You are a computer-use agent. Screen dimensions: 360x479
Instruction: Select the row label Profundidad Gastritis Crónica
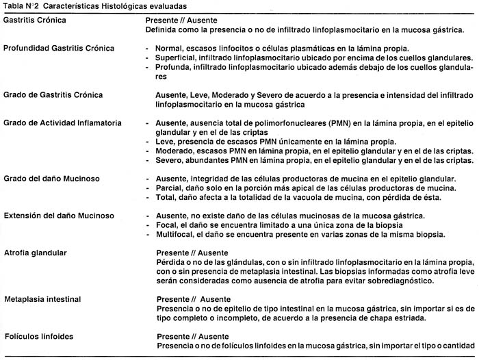tap(59, 49)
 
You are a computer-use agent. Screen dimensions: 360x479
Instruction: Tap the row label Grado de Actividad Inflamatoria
tap(62, 123)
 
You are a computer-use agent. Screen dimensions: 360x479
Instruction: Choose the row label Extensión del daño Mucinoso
tap(59, 215)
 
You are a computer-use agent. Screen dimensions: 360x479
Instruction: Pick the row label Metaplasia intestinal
tap(42, 300)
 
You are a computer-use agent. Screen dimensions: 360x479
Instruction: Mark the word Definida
tap(163, 31)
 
